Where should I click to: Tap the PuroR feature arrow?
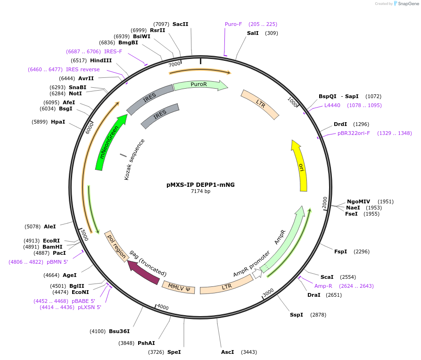click(199, 85)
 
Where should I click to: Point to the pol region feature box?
click(117, 246)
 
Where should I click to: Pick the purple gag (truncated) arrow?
click(143, 273)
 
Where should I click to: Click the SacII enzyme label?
click(180, 24)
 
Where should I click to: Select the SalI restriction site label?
click(253, 33)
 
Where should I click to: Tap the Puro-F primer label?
click(233, 24)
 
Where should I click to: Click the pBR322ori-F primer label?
click(354, 133)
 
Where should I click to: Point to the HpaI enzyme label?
click(58, 122)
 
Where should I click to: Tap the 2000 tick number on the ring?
click(325, 202)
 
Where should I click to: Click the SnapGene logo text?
click(408, 4)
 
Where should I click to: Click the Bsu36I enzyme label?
click(119, 331)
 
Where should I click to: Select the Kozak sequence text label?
click(134, 159)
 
